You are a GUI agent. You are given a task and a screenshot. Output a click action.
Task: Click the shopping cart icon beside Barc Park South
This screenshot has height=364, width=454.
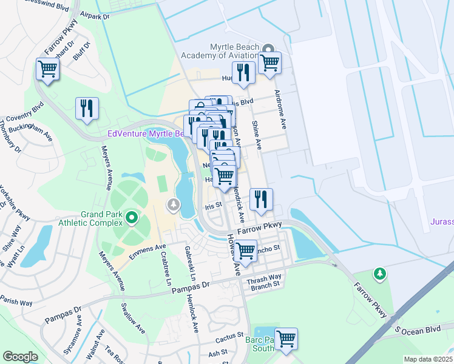(286, 339)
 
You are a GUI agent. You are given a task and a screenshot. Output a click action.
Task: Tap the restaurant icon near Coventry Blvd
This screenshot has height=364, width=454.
(87, 109)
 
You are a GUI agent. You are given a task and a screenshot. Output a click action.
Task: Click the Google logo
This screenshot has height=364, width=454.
(20, 356)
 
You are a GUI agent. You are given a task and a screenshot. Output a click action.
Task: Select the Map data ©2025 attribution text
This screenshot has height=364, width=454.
(428, 359)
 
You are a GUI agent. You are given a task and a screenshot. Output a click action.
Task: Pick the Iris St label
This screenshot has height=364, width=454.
(212, 206)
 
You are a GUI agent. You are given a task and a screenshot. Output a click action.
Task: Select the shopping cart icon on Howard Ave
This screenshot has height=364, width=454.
(246, 249)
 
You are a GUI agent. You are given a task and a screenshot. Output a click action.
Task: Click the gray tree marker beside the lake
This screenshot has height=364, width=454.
(175, 205)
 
